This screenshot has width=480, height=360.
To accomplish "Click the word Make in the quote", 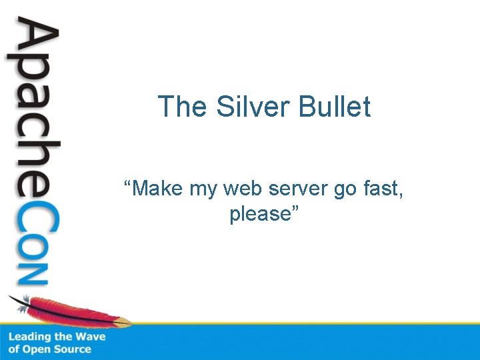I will coord(159,189).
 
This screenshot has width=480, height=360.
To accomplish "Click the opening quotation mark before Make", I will coord(128,184).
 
